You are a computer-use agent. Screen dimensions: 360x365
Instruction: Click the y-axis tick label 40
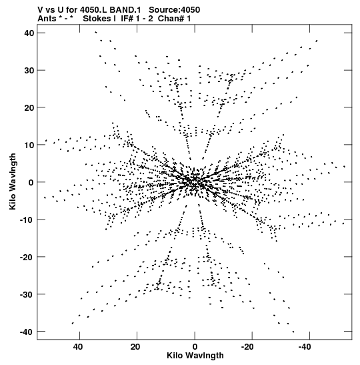[x=29, y=33]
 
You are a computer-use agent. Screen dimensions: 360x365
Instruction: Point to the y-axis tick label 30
[x=29, y=70]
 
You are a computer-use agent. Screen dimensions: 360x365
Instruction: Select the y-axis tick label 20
[x=29, y=107]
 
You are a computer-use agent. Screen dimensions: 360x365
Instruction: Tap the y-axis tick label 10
[x=29, y=145]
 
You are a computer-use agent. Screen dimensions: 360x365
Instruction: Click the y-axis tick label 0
[x=31, y=182]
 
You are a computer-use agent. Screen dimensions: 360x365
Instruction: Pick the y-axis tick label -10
[x=27, y=220]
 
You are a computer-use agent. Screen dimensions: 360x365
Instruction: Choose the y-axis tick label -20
[x=27, y=257]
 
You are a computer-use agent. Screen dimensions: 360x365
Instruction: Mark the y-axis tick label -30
[x=27, y=294]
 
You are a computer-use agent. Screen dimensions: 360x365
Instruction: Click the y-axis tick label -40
[x=27, y=332]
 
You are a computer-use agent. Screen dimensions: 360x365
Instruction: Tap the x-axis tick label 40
[x=78, y=347]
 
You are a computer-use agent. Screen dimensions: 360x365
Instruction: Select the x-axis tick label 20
[x=135, y=347]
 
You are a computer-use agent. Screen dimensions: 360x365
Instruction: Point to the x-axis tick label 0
[x=195, y=347]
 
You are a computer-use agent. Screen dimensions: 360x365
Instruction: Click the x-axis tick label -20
[x=247, y=347]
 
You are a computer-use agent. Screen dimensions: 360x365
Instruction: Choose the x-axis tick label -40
[x=305, y=347]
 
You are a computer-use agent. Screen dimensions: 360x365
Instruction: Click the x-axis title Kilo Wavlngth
[x=195, y=356]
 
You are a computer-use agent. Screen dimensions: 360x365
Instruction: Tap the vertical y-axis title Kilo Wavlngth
[x=13, y=181]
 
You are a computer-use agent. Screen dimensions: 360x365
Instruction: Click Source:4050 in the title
[x=174, y=10]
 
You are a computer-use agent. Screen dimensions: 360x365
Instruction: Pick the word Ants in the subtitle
[x=47, y=19]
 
